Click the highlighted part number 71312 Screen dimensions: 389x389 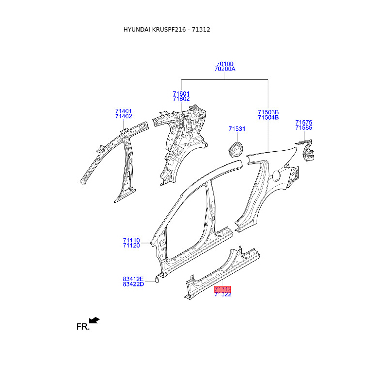tap(222, 289)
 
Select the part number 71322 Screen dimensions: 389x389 tap(222, 295)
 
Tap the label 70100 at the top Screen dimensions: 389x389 tap(225, 64)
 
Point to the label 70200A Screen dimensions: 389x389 tap(225, 69)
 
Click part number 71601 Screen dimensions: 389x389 tap(181, 94)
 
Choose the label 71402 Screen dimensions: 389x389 tap(124, 116)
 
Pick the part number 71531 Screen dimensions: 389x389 tap(237, 129)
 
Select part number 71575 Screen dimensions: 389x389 tap(303, 123)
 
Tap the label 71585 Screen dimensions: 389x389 tap(303, 128)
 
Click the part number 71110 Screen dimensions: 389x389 tap(131, 240)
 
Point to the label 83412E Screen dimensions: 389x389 tap(133, 279)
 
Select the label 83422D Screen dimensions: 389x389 tap(133, 284)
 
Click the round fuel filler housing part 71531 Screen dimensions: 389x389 tap(235, 148)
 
